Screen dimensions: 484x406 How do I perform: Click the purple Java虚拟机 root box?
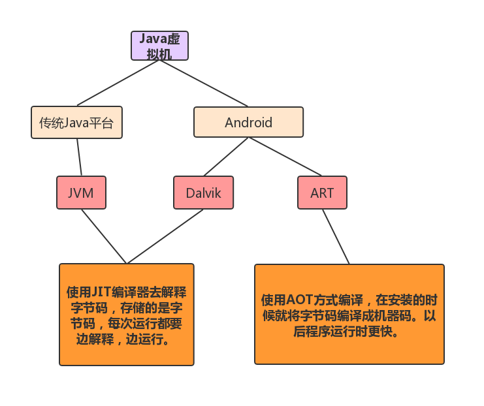(x=159, y=46)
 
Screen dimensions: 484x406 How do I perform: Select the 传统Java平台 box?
(x=76, y=123)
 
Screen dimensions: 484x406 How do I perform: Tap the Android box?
(x=248, y=122)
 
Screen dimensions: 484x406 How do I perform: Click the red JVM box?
(x=81, y=193)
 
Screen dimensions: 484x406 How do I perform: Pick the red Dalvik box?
(x=203, y=193)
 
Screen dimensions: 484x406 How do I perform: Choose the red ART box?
(x=322, y=193)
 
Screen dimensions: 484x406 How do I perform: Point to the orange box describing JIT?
(x=127, y=315)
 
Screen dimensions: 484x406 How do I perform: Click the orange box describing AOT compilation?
(x=349, y=315)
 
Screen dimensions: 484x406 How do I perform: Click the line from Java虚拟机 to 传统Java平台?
(x=118, y=83)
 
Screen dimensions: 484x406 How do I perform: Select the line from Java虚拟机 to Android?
(x=204, y=84)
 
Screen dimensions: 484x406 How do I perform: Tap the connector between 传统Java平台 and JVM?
(x=79, y=157)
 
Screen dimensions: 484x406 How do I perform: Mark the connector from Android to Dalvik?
(x=226, y=157)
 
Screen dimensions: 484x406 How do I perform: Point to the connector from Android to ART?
(x=285, y=157)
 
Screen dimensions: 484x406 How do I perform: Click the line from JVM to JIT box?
(x=104, y=236)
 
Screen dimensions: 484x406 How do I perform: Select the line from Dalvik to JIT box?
(x=165, y=236)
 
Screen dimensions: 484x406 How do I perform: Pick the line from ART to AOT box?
(x=336, y=237)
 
